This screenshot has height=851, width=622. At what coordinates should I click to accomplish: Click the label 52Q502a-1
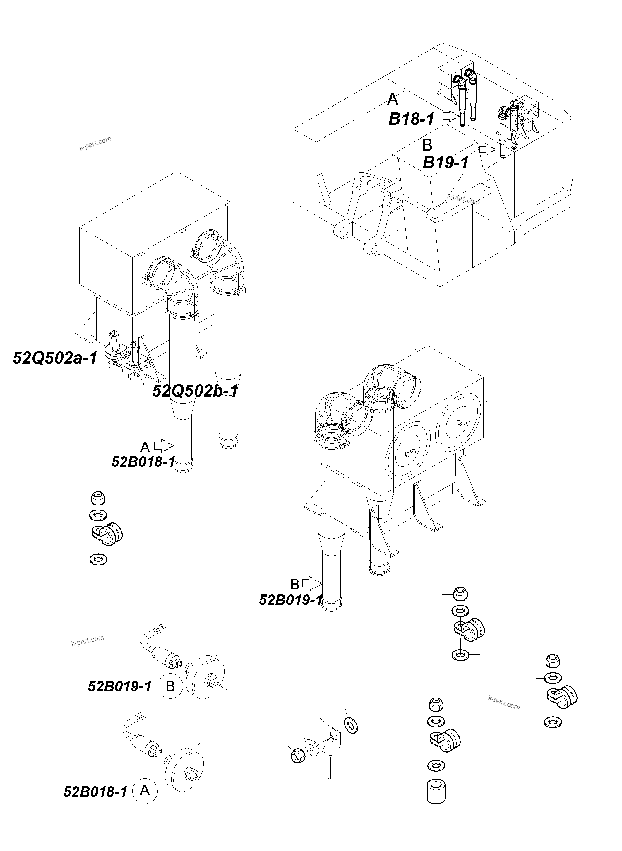(55, 358)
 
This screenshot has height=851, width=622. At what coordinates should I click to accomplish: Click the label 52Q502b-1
(195, 391)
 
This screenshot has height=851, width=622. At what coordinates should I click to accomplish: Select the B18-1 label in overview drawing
(411, 119)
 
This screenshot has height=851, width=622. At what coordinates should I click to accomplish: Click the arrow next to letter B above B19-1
(487, 150)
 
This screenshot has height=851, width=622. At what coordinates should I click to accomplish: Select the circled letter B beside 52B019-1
(170, 686)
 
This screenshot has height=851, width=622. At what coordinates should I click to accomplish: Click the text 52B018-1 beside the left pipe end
(143, 462)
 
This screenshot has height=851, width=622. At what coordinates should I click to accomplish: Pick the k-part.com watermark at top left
(95, 143)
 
